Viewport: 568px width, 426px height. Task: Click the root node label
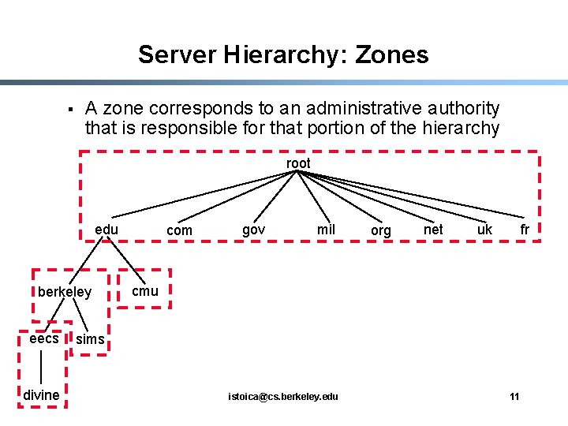tap(298, 163)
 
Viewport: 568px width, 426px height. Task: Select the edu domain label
tap(106, 230)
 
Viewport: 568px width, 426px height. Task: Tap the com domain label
tap(179, 230)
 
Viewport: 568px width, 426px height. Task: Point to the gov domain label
tap(253, 230)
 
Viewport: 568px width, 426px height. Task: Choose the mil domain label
tap(326, 230)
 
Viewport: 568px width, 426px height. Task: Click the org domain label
tap(380, 230)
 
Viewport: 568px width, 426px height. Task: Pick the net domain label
tap(433, 230)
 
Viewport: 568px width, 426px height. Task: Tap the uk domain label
tap(484, 230)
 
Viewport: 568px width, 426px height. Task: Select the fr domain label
tap(524, 230)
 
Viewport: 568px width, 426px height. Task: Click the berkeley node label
tap(65, 292)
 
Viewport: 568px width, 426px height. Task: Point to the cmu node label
tap(145, 291)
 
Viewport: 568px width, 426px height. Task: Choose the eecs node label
tap(44, 338)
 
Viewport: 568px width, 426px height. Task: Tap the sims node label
tap(91, 339)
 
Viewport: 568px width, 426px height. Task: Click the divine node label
tap(42, 394)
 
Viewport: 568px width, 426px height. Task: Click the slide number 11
tap(514, 396)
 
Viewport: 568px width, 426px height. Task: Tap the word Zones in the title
tap(392, 54)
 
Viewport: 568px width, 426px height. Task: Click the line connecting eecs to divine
tap(41, 367)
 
